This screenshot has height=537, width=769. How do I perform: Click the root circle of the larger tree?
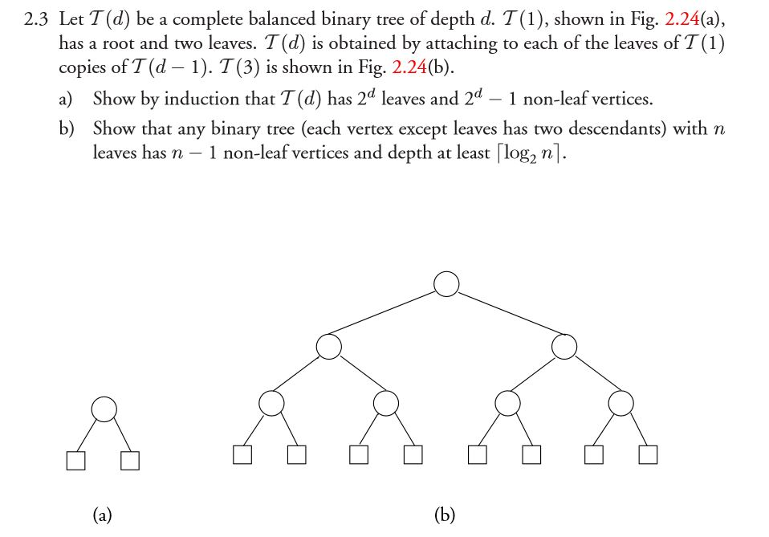446,283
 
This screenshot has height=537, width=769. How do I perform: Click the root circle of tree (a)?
104,409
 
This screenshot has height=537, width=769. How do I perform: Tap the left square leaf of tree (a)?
76,461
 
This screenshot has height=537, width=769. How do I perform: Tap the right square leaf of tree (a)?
130,461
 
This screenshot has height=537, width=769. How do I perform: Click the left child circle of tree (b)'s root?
328,347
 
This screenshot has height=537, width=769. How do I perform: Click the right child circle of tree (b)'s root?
564,347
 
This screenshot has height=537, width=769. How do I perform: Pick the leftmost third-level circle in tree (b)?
271,403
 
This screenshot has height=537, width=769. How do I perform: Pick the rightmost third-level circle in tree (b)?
620,403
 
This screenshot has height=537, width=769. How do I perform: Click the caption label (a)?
102,515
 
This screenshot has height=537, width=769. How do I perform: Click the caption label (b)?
445,515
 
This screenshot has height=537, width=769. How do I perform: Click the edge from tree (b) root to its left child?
387,315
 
